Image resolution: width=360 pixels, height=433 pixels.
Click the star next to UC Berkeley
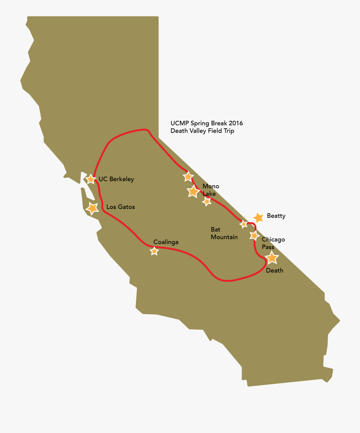tap(91, 179)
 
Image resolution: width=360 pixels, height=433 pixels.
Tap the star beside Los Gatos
tap(92, 208)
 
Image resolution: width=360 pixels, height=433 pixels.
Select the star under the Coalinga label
tap(154, 251)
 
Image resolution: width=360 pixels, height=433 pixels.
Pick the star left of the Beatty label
tap(259, 217)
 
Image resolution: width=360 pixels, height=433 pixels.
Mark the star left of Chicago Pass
tap(254, 235)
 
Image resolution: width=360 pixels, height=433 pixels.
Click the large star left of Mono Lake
tap(194, 192)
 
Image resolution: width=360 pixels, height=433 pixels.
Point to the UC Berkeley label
tap(116, 179)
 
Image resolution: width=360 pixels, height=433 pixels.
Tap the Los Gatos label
tap(120, 207)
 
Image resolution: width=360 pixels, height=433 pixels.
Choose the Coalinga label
tap(166, 242)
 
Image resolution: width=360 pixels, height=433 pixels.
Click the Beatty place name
tap(276, 216)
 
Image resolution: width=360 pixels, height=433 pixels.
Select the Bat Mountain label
tap(224, 233)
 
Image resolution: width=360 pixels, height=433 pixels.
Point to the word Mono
tap(211, 186)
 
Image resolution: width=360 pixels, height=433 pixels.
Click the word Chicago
tap(273, 239)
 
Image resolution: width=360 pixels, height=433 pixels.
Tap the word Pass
tap(268, 247)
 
